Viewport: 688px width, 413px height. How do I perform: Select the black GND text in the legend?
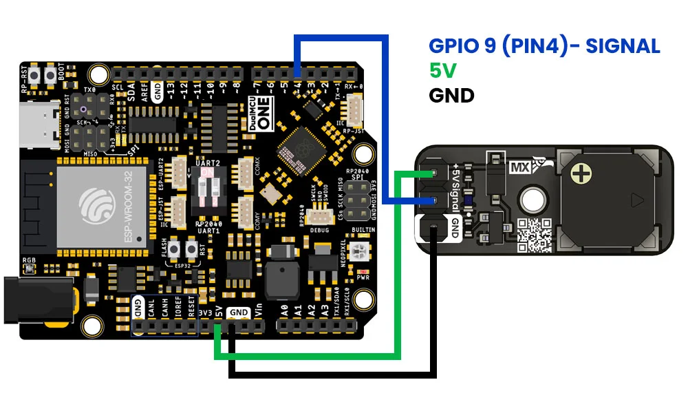451,94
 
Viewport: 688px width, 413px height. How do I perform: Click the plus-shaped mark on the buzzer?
583,173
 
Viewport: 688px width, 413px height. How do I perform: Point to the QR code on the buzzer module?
534,235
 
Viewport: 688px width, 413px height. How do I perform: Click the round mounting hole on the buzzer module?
531,199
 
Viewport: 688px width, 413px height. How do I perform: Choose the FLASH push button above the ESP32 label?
175,249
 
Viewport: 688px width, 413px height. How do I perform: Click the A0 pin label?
286,311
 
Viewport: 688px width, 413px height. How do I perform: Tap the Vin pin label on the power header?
258,311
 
